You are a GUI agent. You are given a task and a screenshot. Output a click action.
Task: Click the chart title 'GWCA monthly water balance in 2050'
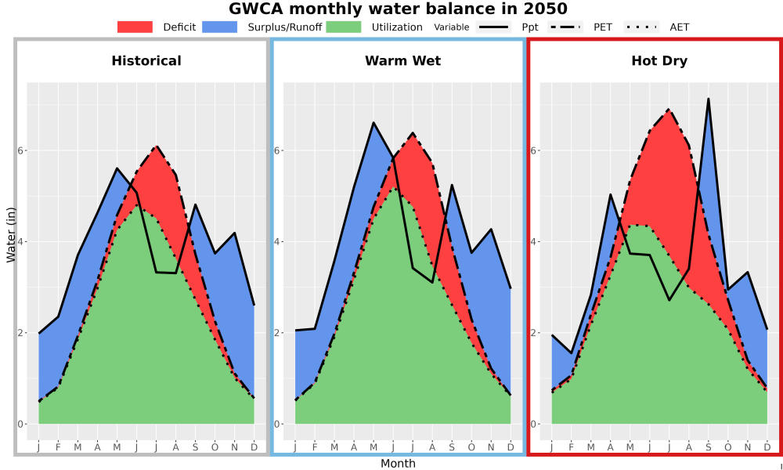pyautogui.click(x=398, y=9)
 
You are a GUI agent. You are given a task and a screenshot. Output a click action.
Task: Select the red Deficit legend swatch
pyautogui.click(x=135, y=27)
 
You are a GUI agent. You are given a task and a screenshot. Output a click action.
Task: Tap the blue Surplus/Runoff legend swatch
pyautogui.click(x=220, y=27)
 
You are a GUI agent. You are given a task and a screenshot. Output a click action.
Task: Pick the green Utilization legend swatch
pyautogui.click(x=344, y=27)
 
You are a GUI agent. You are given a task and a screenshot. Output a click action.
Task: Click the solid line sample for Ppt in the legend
pyautogui.click(x=493, y=27)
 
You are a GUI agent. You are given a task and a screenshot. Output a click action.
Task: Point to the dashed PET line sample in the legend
pyautogui.click(x=565, y=27)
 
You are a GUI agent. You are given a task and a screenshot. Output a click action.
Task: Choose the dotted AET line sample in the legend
pyautogui.click(x=641, y=27)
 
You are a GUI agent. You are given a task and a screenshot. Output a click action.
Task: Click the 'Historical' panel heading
pyautogui.click(x=146, y=61)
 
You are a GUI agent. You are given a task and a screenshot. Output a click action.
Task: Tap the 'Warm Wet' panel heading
pyautogui.click(x=403, y=61)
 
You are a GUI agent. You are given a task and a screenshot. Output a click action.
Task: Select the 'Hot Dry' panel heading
pyautogui.click(x=659, y=61)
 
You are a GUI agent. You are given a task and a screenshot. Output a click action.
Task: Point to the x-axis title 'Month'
pyautogui.click(x=398, y=464)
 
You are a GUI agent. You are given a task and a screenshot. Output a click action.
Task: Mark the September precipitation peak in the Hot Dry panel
pyautogui.click(x=708, y=99)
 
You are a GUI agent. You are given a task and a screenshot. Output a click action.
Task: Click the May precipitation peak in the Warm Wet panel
pyautogui.click(x=373, y=122)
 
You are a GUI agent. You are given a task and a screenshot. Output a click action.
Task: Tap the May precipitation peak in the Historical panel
pyautogui.click(x=117, y=168)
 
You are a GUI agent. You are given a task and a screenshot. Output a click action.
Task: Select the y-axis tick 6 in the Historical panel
pyautogui.click(x=22, y=150)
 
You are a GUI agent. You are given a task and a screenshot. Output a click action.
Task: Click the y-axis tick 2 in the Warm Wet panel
pyautogui.click(x=276, y=333)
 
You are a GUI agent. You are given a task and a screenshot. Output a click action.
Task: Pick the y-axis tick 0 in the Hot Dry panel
pyautogui.click(x=533, y=424)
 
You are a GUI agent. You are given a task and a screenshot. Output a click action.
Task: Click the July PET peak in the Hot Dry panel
pyautogui.click(x=669, y=110)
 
